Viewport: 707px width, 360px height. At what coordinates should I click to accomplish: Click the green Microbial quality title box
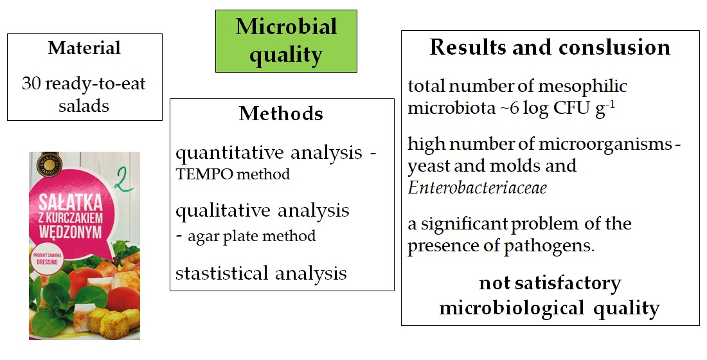click(286, 40)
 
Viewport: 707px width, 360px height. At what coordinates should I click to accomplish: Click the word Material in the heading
click(84, 48)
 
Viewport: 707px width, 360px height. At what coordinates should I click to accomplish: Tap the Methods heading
click(281, 114)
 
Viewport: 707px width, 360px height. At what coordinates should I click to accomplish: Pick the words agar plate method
click(251, 237)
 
